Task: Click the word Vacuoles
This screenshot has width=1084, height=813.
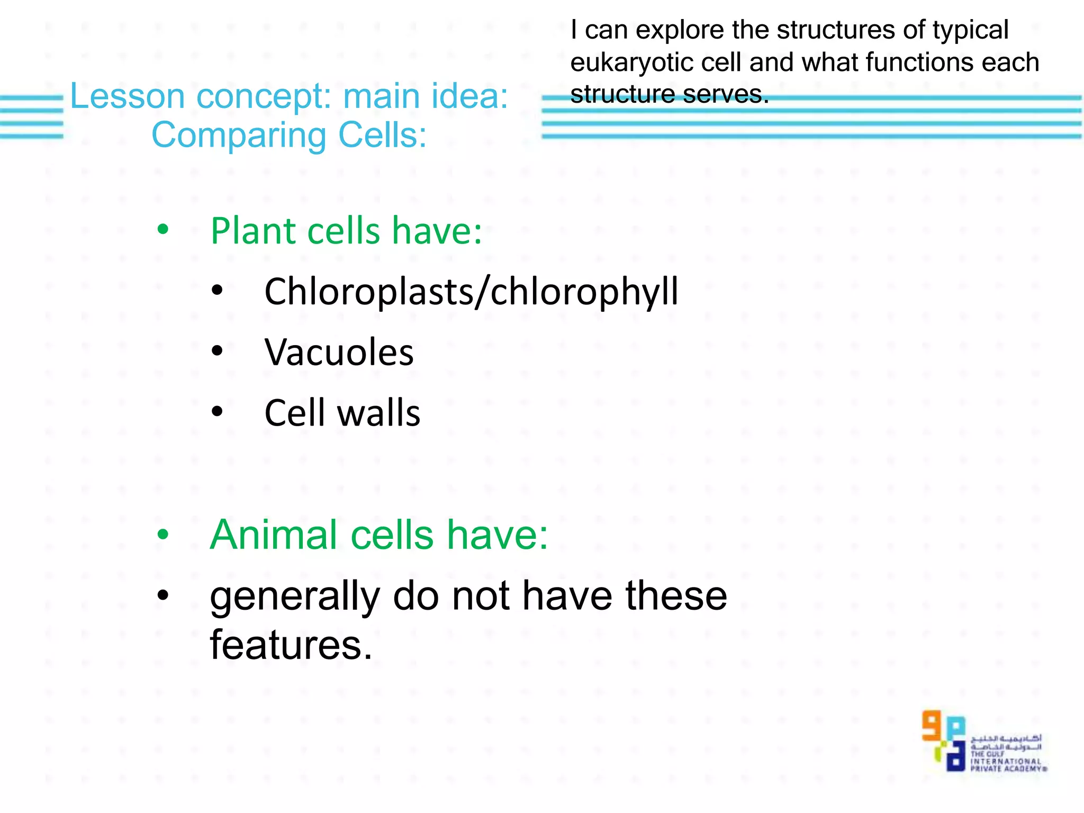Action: (339, 353)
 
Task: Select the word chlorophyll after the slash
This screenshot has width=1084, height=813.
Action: (584, 292)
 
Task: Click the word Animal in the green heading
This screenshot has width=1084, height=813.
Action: (274, 535)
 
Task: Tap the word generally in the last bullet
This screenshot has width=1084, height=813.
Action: (294, 597)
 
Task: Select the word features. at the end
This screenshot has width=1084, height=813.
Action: (291, 645)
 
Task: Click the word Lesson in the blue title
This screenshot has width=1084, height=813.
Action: (127, 96)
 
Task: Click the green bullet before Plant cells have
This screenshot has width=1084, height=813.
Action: (163, 230)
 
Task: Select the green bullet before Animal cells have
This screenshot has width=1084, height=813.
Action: (163, 535)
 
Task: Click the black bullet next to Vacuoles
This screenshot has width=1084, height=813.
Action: (217, 350)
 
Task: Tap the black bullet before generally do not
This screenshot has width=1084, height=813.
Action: (163, 595)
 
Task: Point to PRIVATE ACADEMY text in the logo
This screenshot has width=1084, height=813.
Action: (1007, 769)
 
